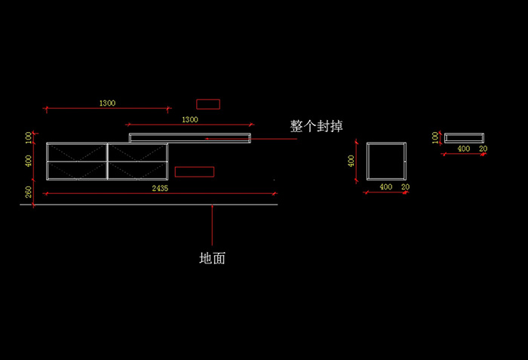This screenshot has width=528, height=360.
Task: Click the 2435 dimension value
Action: click(x=160, y=188)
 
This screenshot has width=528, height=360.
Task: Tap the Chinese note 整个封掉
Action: click(x=316, y=126)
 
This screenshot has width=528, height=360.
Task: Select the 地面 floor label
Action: click(x=212, y=258)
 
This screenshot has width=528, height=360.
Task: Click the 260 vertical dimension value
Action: click(x=29, y=192)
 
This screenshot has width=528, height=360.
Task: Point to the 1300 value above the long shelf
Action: click(x=190, y=120)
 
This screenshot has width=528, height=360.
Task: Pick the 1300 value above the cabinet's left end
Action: click(x=107, y=103)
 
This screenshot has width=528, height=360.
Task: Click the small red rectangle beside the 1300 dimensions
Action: click(x=208, y=104)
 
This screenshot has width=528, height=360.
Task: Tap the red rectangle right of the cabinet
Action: click(x=195, y=171)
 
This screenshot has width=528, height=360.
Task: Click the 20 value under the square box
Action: click(x=406, y=186)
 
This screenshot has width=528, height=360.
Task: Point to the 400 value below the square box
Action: click(x=386, y=186)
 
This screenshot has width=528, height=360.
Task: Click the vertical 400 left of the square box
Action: click(x=351, y=161)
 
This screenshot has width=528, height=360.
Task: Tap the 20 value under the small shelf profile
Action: click(x=483, y=149)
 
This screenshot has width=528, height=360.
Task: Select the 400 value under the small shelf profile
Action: click(x=464, y=149)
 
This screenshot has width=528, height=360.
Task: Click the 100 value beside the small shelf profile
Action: click(x=435, y=137)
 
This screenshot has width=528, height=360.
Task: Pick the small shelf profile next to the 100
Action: click(x=464, y=134)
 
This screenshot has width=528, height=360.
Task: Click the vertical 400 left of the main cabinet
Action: click(x=29, y=161)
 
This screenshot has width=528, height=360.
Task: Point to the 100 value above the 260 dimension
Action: click(x=29, y=137)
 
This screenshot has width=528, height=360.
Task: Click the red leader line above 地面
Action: click(x=212, y=225)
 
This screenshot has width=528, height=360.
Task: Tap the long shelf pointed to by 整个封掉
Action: click(x=190, y=134)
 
